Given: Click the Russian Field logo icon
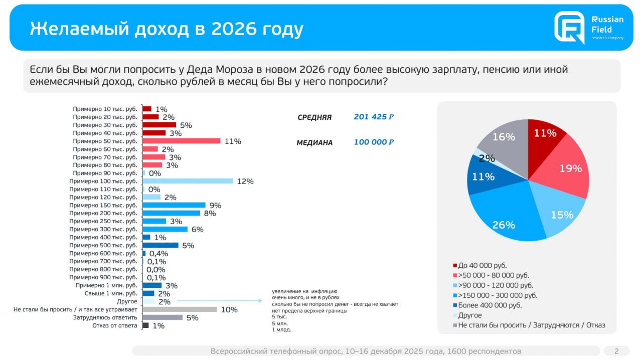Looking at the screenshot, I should [569, 27].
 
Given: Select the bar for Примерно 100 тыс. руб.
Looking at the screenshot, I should [188, 181].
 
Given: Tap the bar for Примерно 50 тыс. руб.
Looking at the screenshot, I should [181, 141].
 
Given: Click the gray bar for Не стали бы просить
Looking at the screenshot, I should [180, 309].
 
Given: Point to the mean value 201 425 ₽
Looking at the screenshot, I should [374, 117].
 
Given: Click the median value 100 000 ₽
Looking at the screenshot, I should [374, 142].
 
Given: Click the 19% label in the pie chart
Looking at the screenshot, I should [570, 168].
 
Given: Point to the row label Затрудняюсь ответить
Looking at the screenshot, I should [105, 317].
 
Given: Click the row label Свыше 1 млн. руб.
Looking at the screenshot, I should [110, 293].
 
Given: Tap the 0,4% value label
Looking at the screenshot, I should [158, 254].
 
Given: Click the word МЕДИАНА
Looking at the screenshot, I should [314, 143].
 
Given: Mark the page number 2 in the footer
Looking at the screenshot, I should [616, 351].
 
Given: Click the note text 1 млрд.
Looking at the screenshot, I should [281, 330].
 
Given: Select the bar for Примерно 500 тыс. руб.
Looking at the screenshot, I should [160, 245].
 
